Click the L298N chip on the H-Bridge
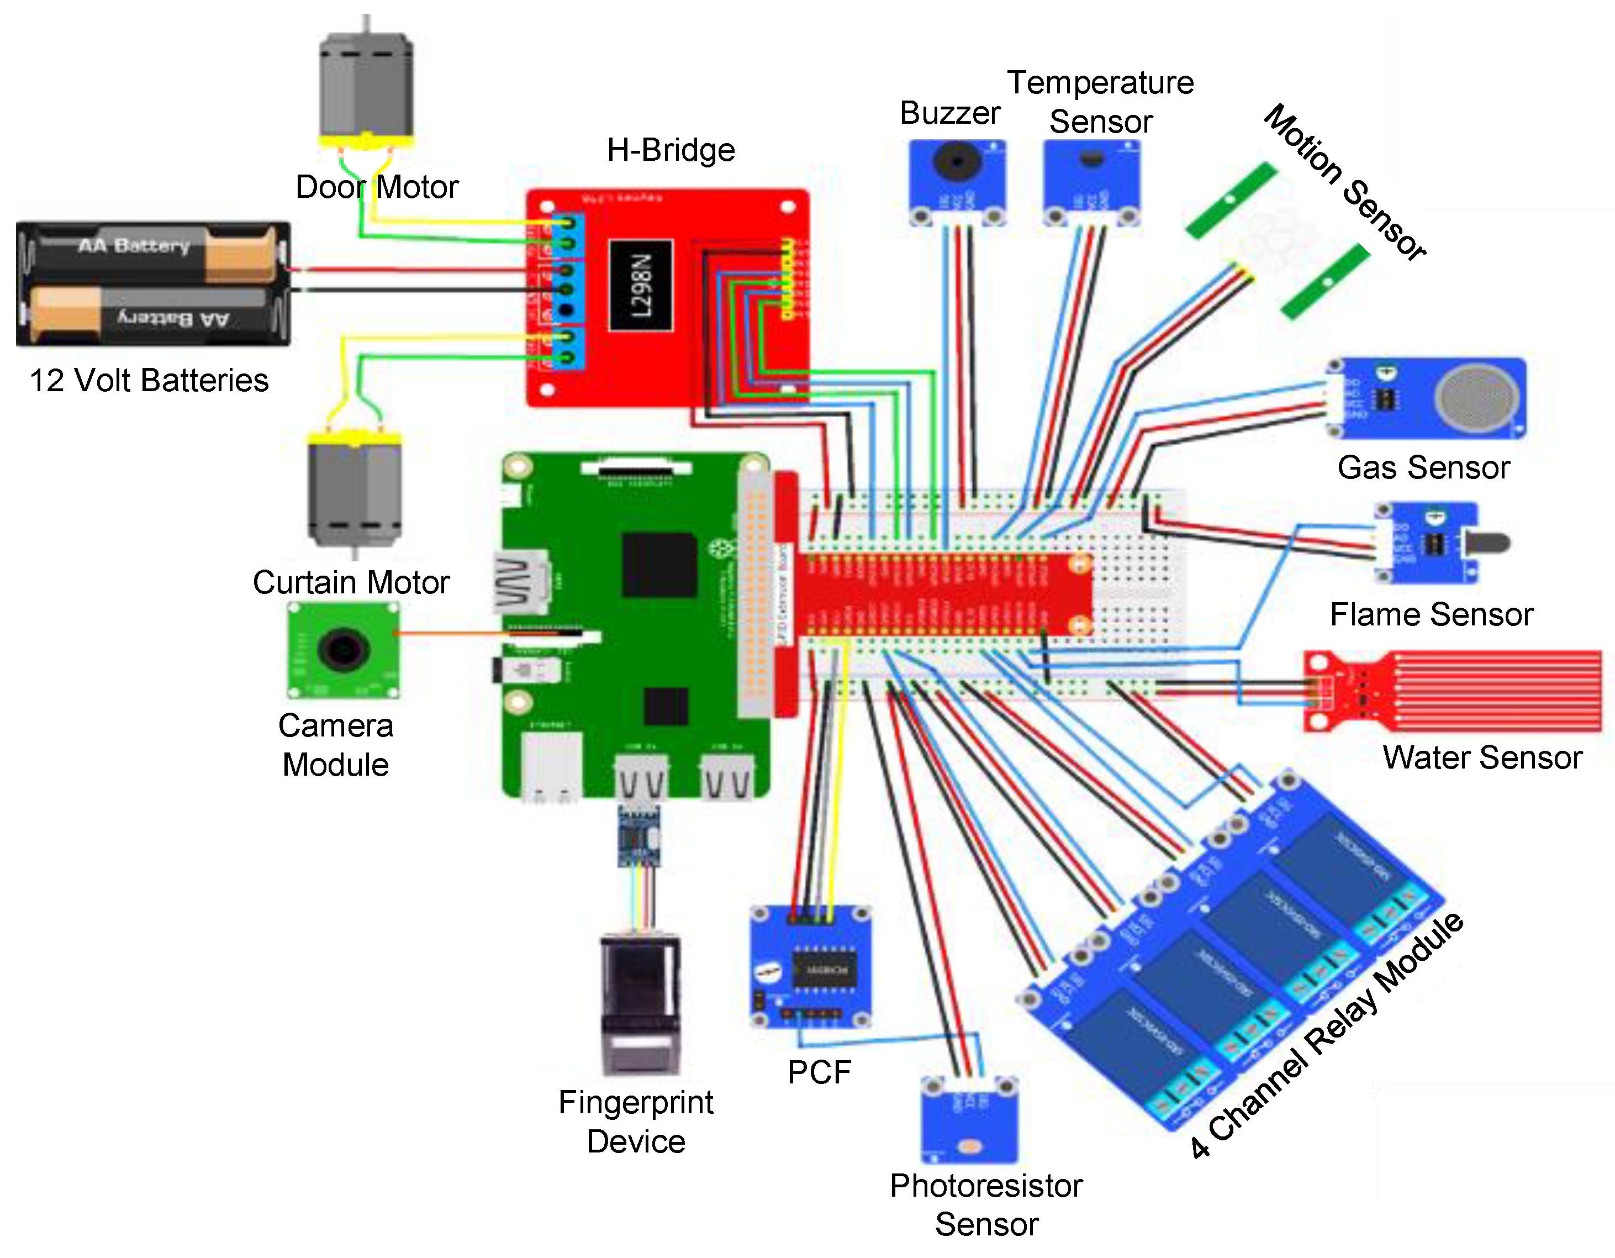[640, 286]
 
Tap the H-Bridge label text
[670, 150]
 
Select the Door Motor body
[366, 85]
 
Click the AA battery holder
[153, 284]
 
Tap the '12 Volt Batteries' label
[149, 381]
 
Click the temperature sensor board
[1091, 181]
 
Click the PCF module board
[812, 967]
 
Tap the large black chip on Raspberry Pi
[659, 564]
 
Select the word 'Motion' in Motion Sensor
[1302, 144]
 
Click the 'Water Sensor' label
[1482, 757]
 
